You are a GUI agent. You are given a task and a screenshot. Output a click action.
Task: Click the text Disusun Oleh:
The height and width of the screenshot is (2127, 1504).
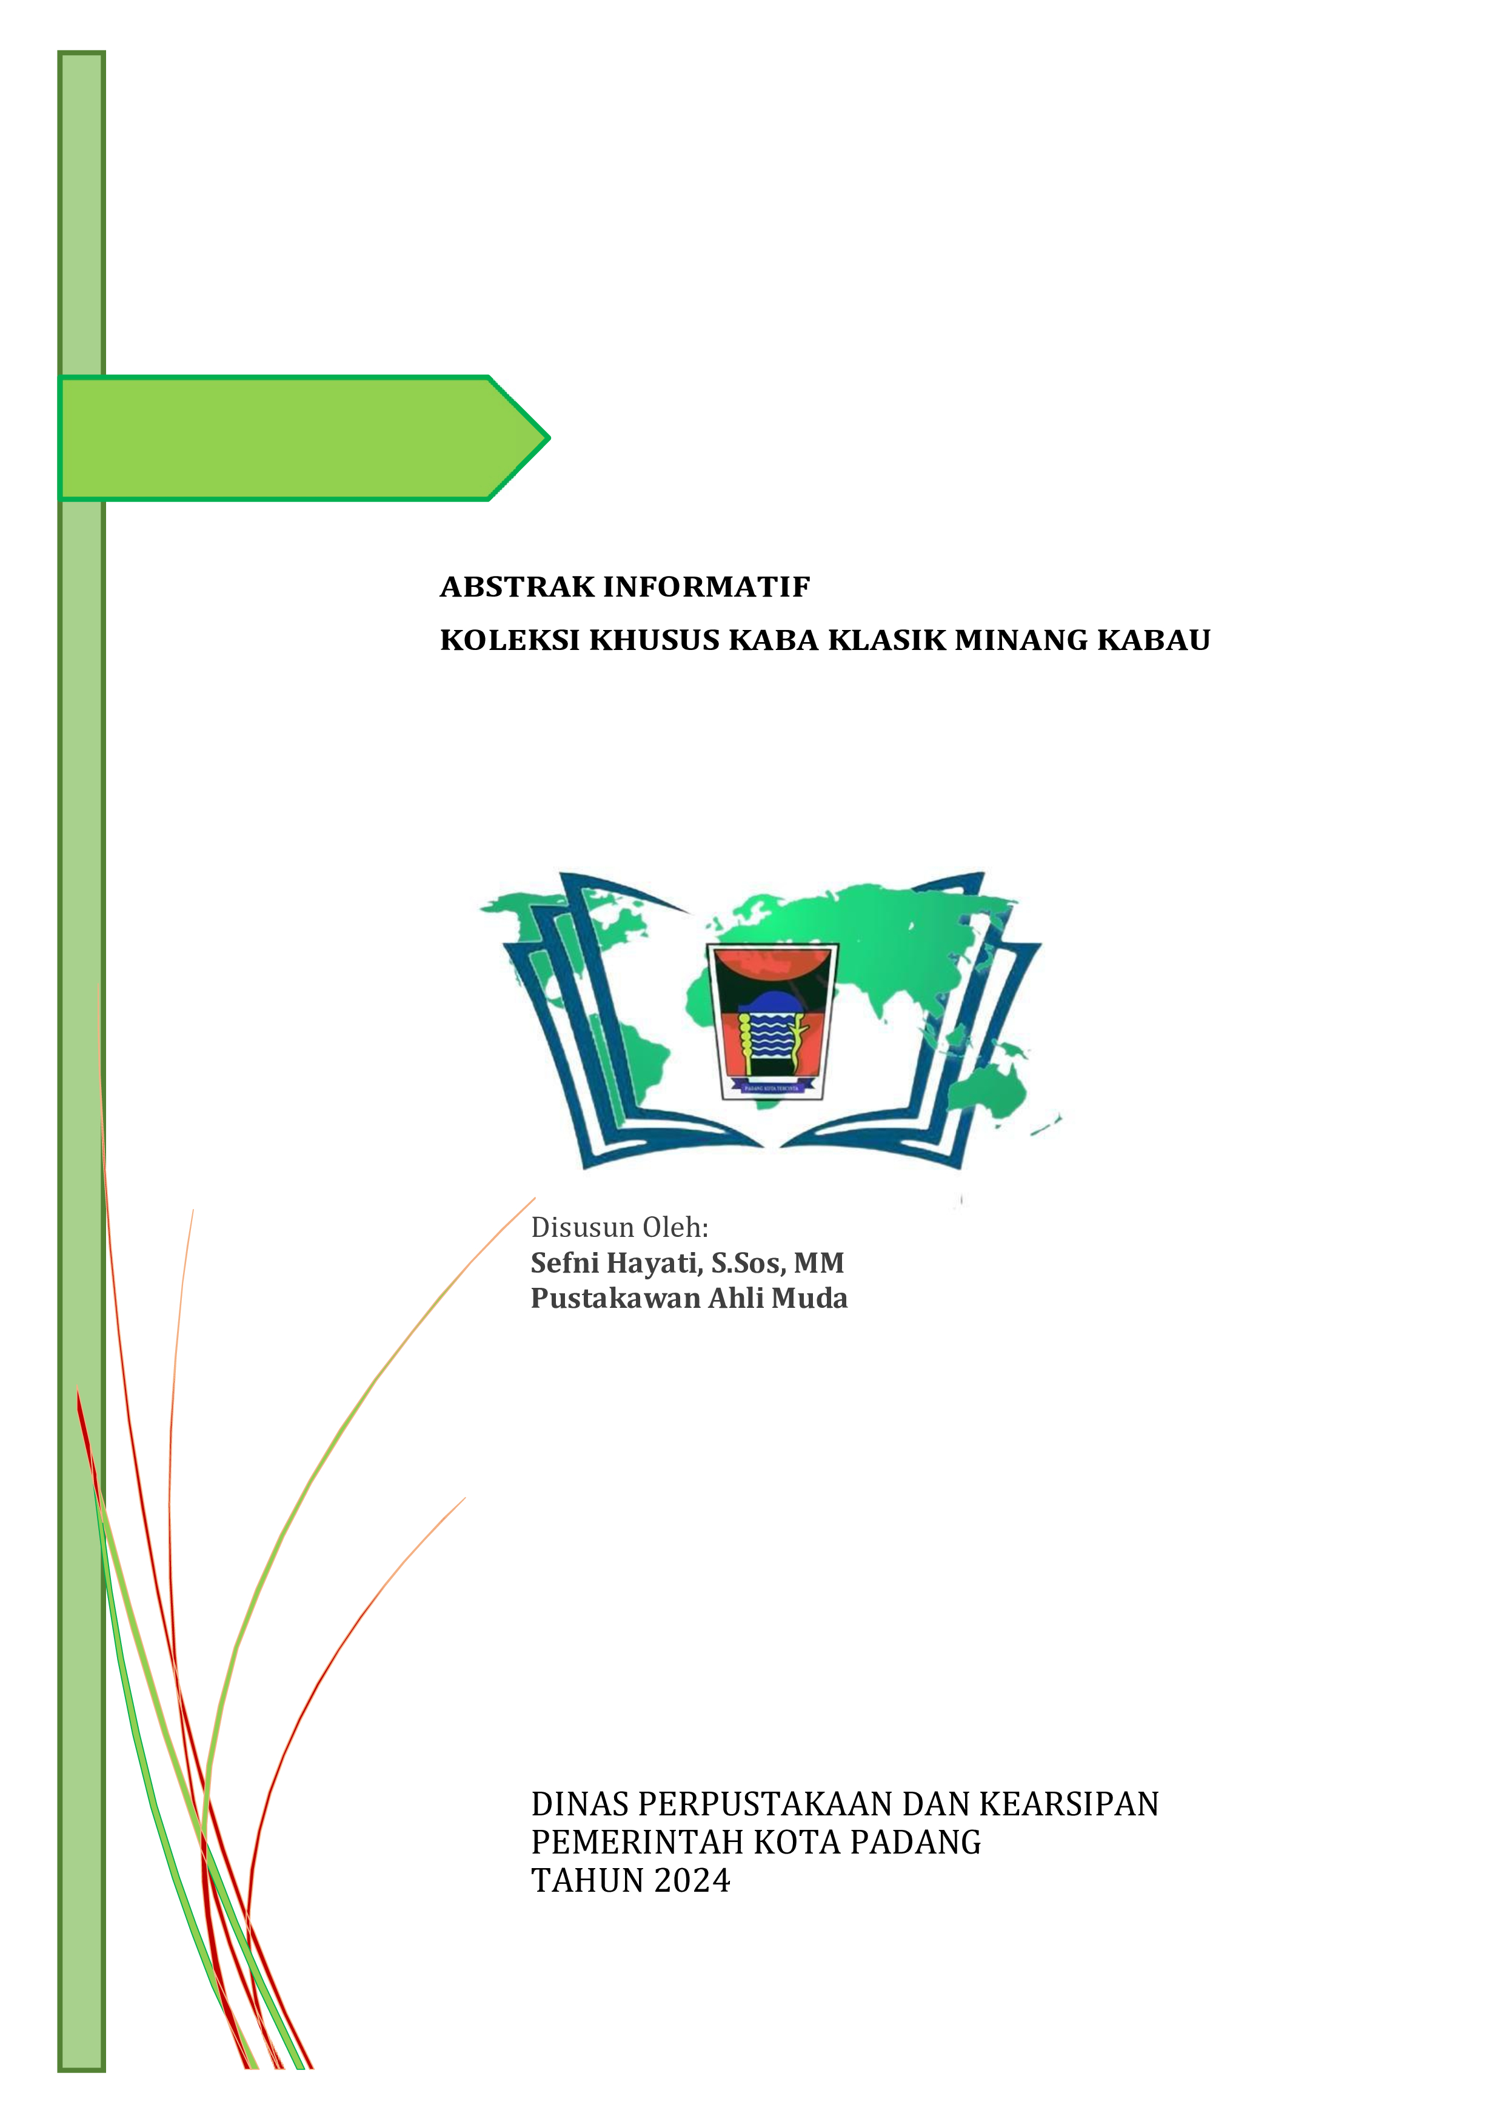pyautogui.click(x=620, y=1227)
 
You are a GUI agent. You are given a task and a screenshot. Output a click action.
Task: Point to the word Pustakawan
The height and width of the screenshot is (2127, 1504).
pyautogui.click(x=615, y=1298)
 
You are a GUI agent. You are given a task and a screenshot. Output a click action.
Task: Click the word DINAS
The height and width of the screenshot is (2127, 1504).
pyautogui.click(x=580, y=1804)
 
